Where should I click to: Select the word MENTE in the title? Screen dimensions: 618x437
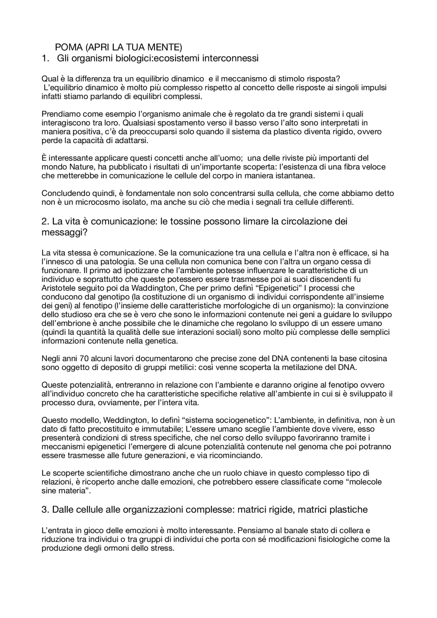tap(167, 47)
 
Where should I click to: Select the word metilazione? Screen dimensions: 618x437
tap(306, 367)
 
